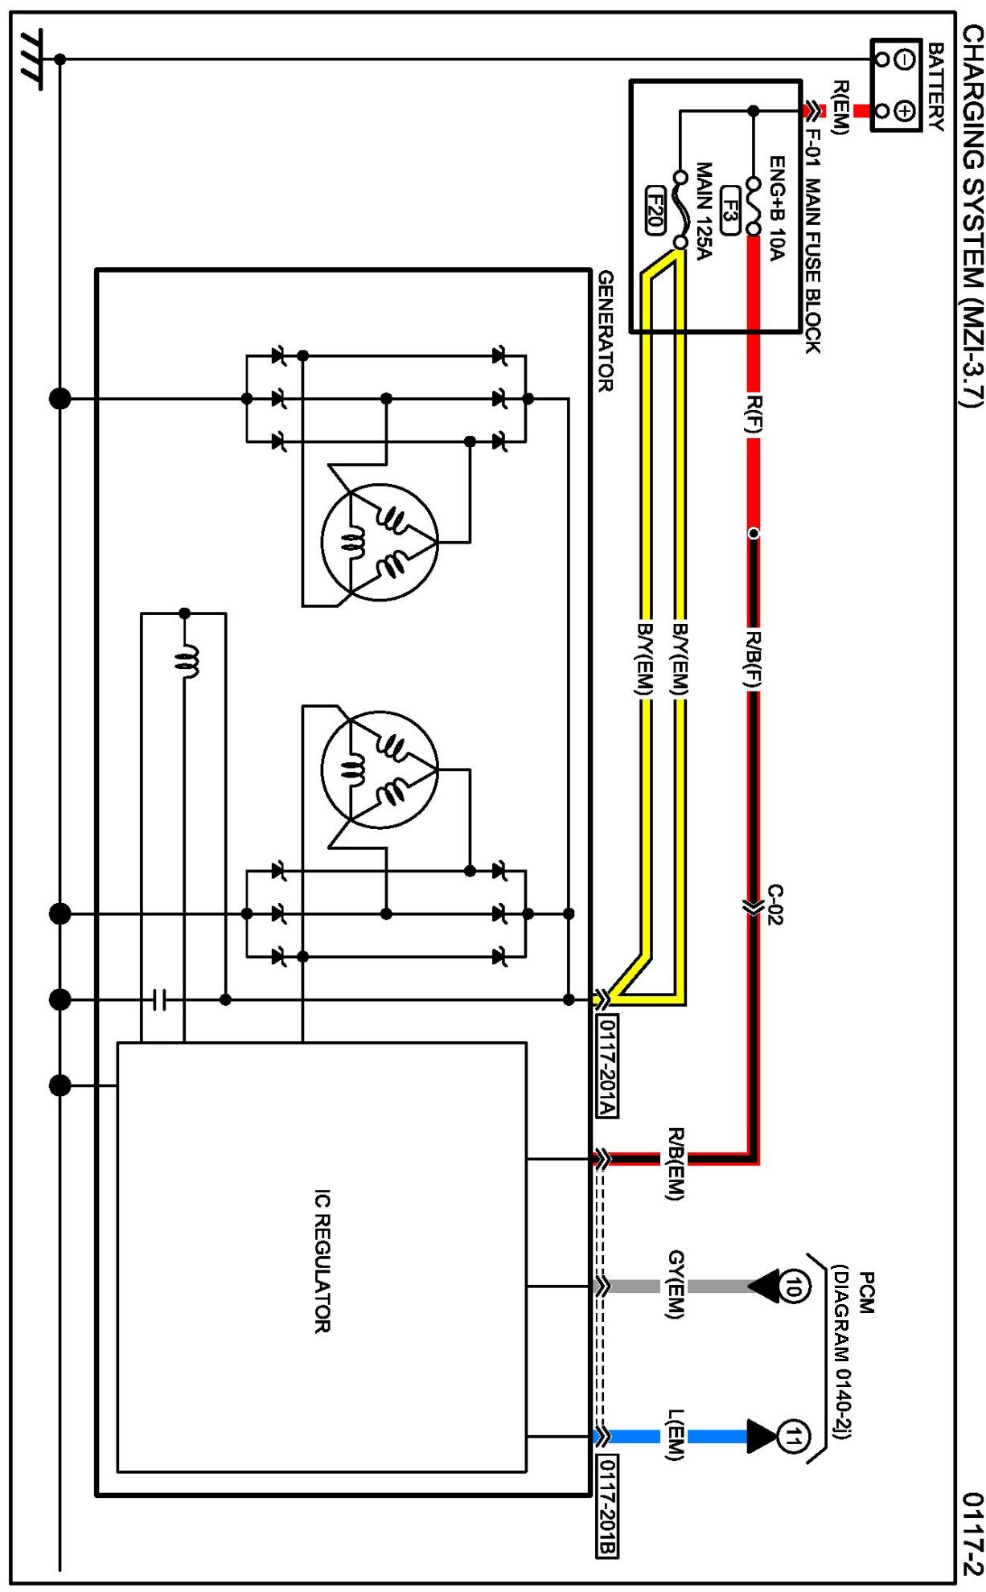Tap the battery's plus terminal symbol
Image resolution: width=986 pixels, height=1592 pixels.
tap(904, 111)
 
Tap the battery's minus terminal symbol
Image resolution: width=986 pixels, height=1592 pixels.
tap(904, 59)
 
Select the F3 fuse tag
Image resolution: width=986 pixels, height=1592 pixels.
tap(729, 210)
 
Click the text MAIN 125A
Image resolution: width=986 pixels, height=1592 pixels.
tap(704, 211)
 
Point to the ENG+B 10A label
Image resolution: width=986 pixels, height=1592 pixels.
tap(777, 208)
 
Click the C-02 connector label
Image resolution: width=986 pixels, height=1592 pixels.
tap(774, 905)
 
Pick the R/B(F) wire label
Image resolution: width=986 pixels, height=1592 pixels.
tap(753, 660)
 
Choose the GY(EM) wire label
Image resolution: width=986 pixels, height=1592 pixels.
tap(676, 1285)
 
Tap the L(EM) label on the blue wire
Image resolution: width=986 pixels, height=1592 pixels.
tap(676, 1435)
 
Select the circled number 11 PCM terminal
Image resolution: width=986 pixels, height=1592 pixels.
tap(793, 1436)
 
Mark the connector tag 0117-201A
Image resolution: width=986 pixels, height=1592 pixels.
tap(607, 1066)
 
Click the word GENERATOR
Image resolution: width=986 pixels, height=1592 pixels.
tap(606, 330)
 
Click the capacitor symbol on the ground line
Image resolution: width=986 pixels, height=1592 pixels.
tap(159, 999)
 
